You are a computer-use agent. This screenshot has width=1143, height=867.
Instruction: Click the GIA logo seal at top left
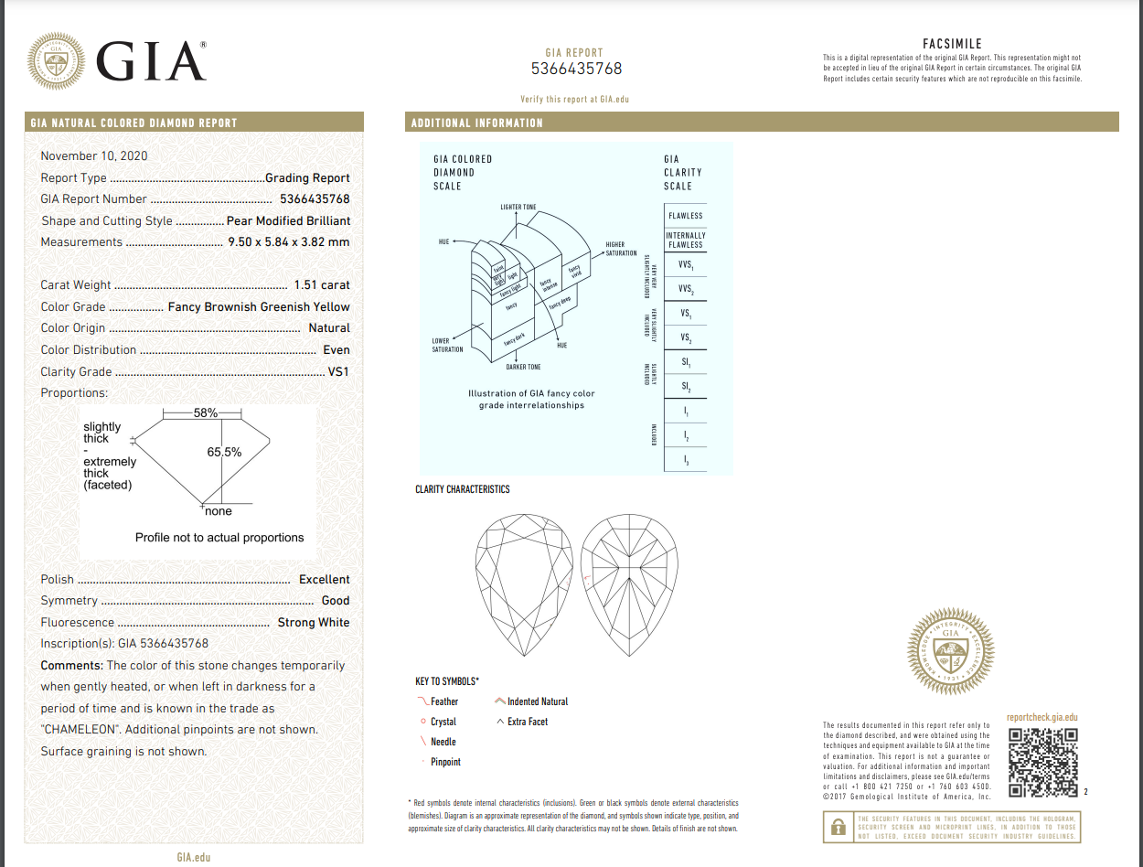point(59,63)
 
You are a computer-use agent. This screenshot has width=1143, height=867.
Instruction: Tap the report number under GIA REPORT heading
point(576,69)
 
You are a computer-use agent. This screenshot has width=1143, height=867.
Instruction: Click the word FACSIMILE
point(952,44)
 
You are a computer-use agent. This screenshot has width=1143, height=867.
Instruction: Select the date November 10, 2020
point(94,155)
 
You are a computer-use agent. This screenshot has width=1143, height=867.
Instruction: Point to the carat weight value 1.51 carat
point(322,284)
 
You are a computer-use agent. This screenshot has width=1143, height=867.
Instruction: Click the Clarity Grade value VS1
point(338,371)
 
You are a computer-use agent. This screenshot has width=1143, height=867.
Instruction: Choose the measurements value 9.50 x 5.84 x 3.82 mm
point(288,242)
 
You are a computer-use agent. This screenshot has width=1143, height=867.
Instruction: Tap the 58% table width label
point(206,413)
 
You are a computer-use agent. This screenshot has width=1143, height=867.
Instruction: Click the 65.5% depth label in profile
point(225,452)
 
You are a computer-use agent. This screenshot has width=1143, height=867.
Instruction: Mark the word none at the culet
point(219,512)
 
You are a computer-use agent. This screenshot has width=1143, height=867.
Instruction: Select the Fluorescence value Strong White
point(314,622)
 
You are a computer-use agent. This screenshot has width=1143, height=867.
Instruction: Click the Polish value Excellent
point(324,579)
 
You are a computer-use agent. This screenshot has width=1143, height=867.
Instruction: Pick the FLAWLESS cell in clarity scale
point(686,216)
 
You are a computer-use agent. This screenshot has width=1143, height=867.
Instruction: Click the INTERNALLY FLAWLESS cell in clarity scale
point(686,240)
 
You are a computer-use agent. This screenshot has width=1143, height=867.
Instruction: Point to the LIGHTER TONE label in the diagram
point(518,208)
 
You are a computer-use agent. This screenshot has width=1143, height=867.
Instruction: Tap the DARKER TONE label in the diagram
point(523,367)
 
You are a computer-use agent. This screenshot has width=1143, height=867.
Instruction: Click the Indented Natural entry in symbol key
point(537,701)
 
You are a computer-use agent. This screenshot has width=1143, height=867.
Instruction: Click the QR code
point(1042,762)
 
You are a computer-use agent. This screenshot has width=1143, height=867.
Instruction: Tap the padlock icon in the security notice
point(838,827)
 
